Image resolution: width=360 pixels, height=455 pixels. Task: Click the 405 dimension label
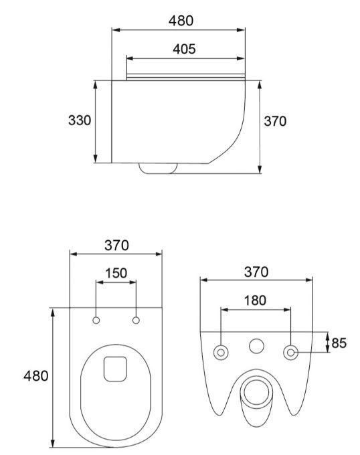(x=184, y=49)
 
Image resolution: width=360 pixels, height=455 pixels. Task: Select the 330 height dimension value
(x=80, y=120)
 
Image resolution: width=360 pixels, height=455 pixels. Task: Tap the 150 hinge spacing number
(x=116, y=273)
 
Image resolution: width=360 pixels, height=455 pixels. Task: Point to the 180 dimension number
(x=255, y=300)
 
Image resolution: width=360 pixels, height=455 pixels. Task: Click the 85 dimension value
(x=339, y=343)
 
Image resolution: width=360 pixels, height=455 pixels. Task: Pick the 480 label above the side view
(x=181, y=21)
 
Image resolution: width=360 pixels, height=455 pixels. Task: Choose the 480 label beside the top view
(x=36, y=376)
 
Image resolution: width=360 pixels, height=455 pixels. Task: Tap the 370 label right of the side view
(x=275, y=121)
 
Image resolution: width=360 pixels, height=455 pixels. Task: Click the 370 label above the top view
(x=116, y=245)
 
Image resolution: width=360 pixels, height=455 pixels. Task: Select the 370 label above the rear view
(x=256, y=272)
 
